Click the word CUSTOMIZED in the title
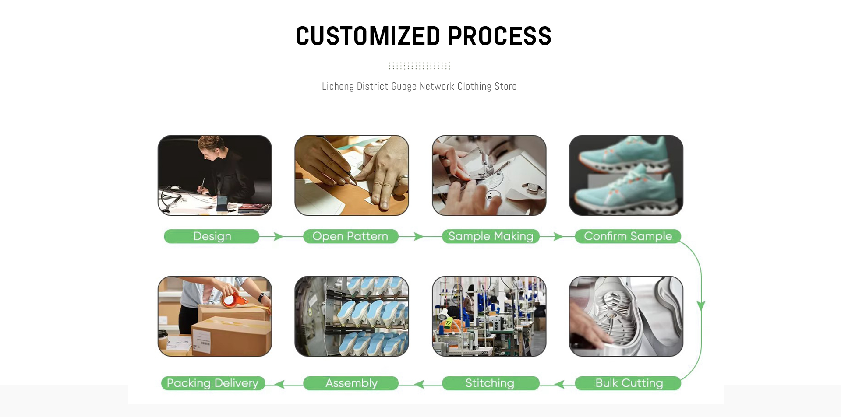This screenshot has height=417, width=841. coord(367,36)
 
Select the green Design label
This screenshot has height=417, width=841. coord(212,236)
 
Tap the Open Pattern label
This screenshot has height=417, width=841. coord(350,236)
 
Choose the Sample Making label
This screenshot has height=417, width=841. coord(491,236)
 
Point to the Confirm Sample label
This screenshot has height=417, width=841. coord(628,236)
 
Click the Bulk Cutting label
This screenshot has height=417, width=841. coord(629,383)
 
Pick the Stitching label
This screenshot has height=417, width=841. coord(490,383)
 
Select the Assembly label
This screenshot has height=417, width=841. coord(351,383)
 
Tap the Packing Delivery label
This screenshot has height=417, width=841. coord(212,383)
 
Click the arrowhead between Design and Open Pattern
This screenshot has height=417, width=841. coord(278,237)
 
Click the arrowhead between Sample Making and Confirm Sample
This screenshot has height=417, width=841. coord(558,237)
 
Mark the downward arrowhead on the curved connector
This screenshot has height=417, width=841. coord(701,305)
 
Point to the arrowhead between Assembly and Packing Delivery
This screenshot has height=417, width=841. coord(280,384)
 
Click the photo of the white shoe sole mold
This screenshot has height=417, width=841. coord(626,316)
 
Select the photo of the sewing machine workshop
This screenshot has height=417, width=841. coord(489,316)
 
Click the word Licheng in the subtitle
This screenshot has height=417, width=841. coord(337,87)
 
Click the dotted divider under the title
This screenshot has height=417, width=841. coord(419,66)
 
